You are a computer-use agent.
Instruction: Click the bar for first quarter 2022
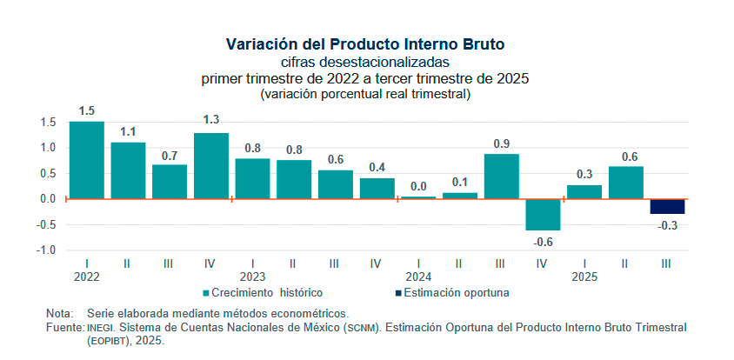(x=87, y=160)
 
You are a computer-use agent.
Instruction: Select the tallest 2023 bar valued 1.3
(x=211, y=165)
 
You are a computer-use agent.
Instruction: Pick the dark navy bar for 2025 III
(x=667, y=206)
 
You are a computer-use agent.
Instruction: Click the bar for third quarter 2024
(x=501, y=176)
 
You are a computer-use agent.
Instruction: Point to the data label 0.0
(x=418, y=185)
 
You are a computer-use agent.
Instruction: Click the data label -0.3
(x=667, y=225)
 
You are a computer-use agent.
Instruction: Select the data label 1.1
(x=128, y=132)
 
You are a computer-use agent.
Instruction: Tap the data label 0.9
(x=501, y=143)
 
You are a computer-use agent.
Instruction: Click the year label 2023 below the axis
(x=252, y=277)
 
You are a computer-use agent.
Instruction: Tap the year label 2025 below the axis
(x=584, y=277)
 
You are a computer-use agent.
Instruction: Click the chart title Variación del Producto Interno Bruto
(x=365, y=43)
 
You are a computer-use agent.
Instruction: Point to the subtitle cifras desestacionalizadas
(x=365, y=62)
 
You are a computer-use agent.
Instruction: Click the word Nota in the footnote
(x=59, y=313)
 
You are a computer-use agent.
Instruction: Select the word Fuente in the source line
(x=63, y=327)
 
